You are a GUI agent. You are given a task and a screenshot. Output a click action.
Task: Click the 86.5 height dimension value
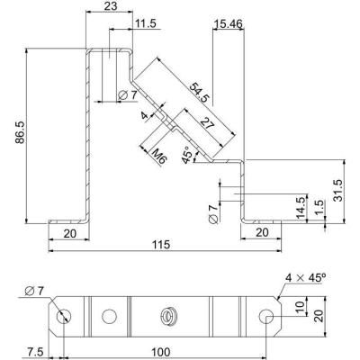click(21, 132)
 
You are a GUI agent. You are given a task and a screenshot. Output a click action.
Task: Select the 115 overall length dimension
click(162, 245)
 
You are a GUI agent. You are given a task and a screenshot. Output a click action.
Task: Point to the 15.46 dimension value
click(229, 23)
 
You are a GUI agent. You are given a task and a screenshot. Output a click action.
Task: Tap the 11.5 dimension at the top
click(146, 23)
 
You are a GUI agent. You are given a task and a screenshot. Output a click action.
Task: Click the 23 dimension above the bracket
click(111, 6)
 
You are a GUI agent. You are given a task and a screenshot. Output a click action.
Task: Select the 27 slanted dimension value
click(207, 123)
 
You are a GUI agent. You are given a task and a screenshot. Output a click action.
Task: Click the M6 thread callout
click(159, 156)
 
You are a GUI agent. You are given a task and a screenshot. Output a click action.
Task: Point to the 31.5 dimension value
click(338, 191)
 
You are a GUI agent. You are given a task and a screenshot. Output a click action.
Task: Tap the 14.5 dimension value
click(301, 207)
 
